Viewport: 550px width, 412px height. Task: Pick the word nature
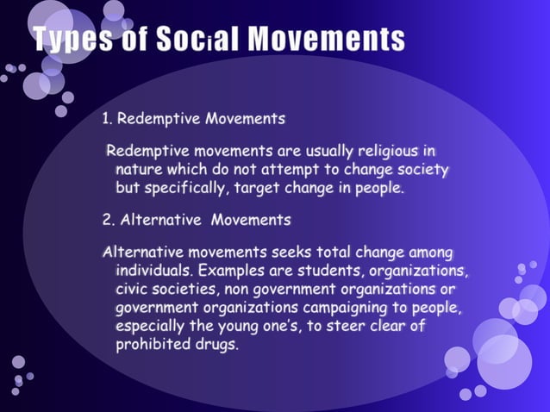coord(141,168)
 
